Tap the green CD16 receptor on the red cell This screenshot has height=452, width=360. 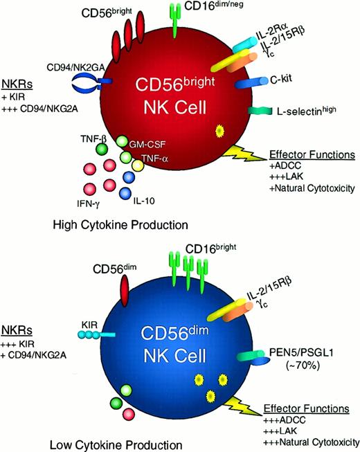174,14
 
